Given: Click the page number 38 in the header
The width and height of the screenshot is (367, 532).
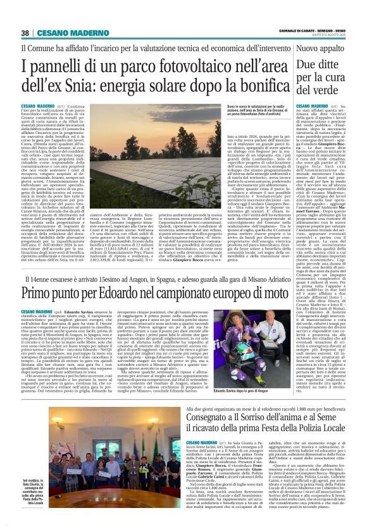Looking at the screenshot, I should pyautogui.click(x=25, y=33).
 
